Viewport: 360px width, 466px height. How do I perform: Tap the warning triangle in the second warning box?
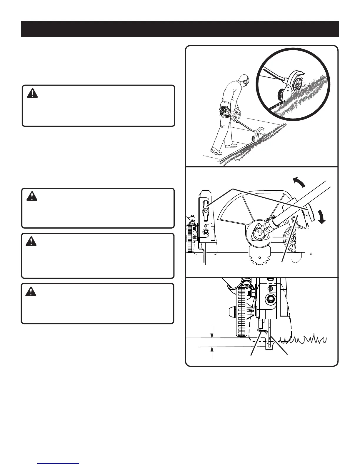click(x=30, y=196)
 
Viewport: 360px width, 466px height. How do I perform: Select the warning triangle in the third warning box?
click(x=30, y=241)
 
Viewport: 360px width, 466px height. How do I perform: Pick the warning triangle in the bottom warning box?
click(x=30, y=291)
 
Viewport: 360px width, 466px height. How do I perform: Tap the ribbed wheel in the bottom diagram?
click(x=242, y=312)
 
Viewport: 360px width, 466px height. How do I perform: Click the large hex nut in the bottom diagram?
click(x=269, y=299)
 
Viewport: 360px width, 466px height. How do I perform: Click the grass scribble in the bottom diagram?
click(x=303, y=339)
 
